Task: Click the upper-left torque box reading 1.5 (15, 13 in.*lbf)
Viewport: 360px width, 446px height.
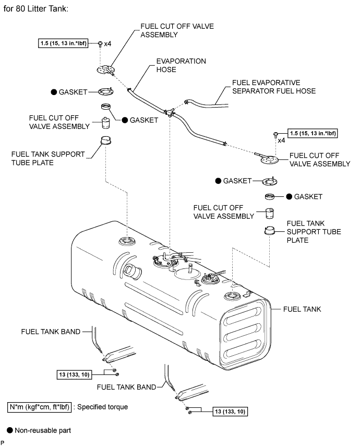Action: [x=66, y=43]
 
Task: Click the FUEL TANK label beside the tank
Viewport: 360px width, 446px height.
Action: [x=302, y=309]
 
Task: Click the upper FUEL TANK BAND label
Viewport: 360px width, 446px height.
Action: [x=51, y=331]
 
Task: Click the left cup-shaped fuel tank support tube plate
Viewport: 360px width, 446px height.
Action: [x=106, y=140]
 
